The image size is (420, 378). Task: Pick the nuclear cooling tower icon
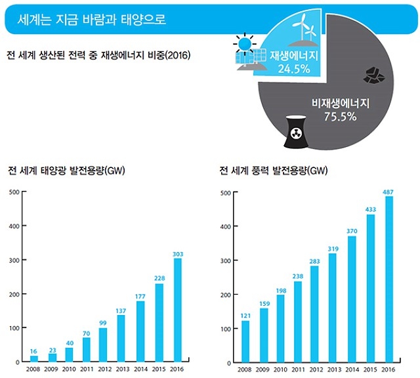tap(295, 132)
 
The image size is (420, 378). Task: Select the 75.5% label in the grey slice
tap(341, 117)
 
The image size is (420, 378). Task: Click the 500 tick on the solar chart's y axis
tap(14, 193)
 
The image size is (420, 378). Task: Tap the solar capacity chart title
tap(66, 172)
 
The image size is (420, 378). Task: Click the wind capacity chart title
tap(272, 172)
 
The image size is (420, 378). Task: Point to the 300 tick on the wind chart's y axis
tap(225, 261)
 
